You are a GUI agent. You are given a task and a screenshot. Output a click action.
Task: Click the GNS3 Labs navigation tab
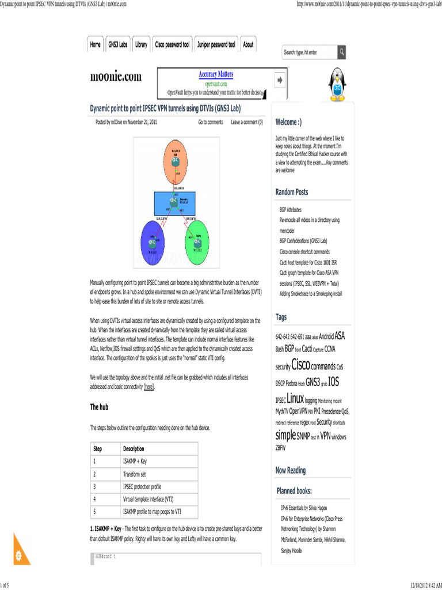click(118, 45)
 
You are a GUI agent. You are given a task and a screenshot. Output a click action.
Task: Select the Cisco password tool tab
click(172, 45)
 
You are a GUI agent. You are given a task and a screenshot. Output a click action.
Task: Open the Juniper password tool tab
click(216, 45)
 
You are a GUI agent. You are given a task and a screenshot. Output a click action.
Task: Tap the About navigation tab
click(248, 45)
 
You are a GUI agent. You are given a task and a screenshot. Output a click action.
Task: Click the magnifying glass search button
click(342, 52)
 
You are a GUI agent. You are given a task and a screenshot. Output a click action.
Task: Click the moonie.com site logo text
click(116, 77)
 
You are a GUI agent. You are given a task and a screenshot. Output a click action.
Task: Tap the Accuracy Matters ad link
click(216, 74)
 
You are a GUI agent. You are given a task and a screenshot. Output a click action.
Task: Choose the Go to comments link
click(211, 122)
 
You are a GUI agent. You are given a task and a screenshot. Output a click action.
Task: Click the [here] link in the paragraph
click(149, 387)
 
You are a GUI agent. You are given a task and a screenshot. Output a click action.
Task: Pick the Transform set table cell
click(134, 474)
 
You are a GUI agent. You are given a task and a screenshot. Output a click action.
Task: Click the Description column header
click(134, 449)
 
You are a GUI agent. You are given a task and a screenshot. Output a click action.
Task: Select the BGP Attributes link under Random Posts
click(290, 210)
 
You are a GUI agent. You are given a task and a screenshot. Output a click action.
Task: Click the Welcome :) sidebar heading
click(288, 122)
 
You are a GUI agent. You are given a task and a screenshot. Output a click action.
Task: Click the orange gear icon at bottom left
click(18, 555)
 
